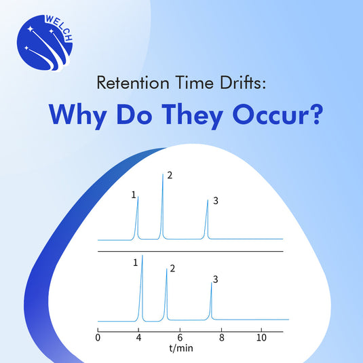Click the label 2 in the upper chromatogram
click(x=170, y=176)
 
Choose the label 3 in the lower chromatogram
click(x=215, y=279)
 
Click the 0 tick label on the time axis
click(x=98, y=337)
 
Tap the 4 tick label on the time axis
click(x=138, y=337)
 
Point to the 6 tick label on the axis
click(x=180, y=337)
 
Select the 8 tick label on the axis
click(x=221, y=337)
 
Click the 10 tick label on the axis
click(x=261, y=337)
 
